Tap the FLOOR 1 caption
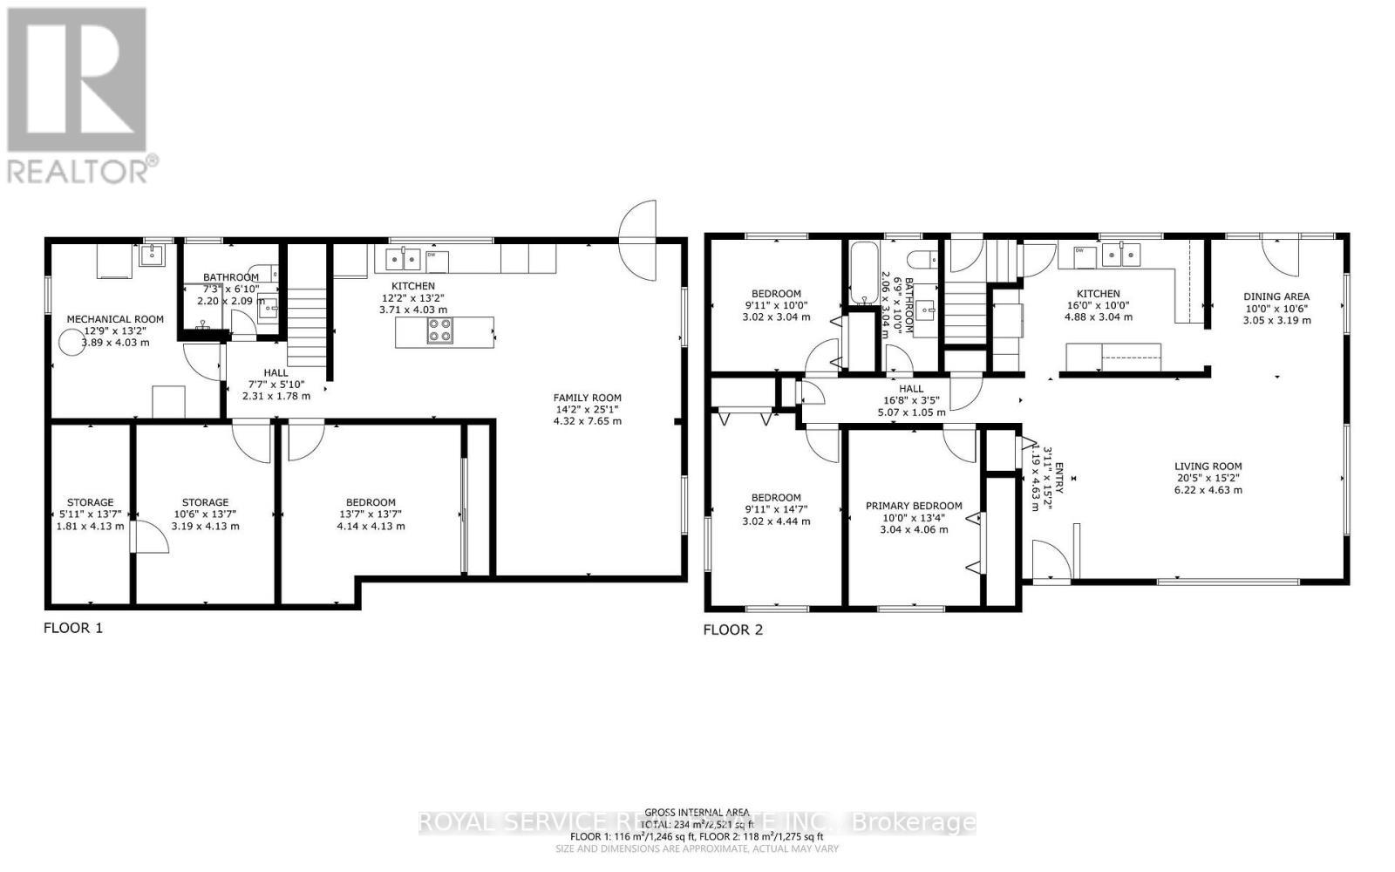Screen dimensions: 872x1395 [73, 627]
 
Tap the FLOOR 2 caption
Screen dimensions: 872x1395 [732, 630]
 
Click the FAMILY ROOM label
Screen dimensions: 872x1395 [588, 398]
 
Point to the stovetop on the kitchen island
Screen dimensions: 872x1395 [439, 331]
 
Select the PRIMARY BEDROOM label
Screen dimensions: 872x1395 [914, 506]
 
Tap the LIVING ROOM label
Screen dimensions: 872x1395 [1208, 467]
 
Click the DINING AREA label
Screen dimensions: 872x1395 [1276, 296]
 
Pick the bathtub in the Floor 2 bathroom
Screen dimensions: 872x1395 [865, 272]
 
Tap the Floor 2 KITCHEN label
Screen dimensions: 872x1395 [1098, 294]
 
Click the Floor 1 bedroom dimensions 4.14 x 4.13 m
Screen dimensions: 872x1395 [371, 526]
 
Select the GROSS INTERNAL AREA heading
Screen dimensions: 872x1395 [697, 812]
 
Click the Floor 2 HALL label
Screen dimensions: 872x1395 [911, 389]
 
